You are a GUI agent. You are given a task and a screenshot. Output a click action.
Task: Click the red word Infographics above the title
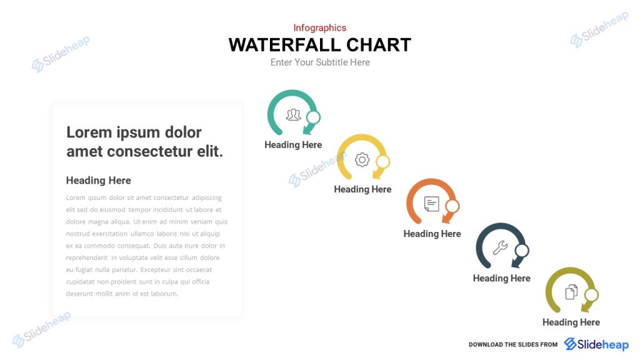tap(319, 27)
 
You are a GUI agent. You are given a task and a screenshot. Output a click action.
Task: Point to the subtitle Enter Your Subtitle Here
tap(320, 62)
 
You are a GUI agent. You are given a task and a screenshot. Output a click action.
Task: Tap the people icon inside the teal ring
tap(293, 114)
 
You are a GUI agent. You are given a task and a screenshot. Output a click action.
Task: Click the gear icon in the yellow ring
tap(362, 159)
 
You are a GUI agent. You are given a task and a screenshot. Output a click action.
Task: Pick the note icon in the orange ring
tap(432, 204)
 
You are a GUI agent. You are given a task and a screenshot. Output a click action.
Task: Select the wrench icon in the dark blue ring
tap(500, 248)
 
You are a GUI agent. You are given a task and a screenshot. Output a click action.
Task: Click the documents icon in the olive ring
tap(571, 292)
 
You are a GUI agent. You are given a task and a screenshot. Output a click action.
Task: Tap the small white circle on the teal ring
tap(314, 117)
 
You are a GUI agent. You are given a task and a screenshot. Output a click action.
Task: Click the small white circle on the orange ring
tap(452, 206)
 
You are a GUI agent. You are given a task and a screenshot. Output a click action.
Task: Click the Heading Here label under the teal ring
tap(293, 145)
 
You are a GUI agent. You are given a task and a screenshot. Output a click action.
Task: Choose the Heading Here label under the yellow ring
tap(362, 189)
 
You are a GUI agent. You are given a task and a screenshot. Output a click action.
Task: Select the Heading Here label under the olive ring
tap(571, 322)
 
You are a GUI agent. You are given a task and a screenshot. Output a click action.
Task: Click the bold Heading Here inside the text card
tap(99, 181)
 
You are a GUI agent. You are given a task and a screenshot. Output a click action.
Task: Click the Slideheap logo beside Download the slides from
tap(596, 344)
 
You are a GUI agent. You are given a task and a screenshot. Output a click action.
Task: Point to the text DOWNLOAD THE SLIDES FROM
tap(512, 345)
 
